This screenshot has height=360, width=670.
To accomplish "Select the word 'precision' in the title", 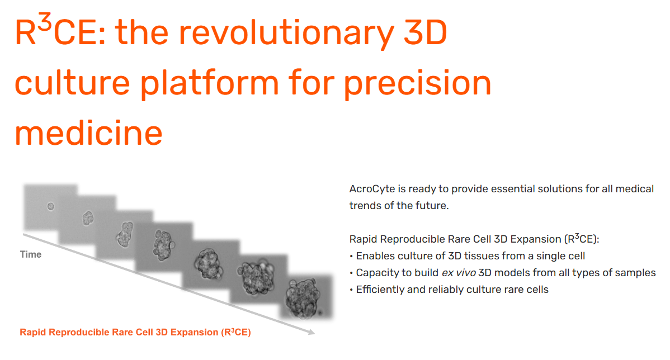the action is click(417, 83).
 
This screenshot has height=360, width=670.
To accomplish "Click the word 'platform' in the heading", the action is click(210, 83).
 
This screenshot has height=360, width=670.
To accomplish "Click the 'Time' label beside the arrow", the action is click(31, 254).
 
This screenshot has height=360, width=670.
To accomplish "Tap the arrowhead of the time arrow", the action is click(312, 331).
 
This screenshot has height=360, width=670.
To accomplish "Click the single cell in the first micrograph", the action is click(50, 207).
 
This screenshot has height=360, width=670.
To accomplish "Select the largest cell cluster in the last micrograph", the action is click(303, 297).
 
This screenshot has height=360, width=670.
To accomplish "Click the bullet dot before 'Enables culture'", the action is click(351, 256).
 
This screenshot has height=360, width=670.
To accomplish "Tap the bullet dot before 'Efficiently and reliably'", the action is click(351, 290).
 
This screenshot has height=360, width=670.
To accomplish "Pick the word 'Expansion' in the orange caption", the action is click(195, 332).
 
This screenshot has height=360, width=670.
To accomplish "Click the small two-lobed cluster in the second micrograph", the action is click(88, 218).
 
